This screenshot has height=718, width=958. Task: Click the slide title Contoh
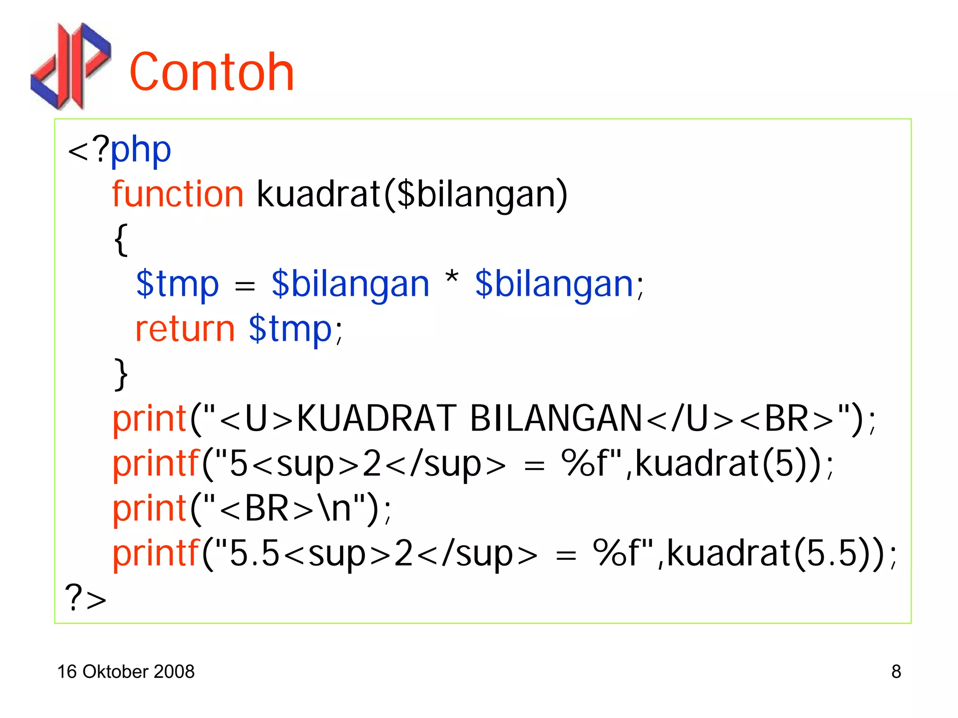click(211, 73)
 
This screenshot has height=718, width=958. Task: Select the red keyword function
click(178, 194)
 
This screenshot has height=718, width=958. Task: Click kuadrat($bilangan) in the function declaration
click(412, 195)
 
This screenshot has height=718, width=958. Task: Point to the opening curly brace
click(121, 239)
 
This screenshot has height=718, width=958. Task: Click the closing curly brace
click(121, 374)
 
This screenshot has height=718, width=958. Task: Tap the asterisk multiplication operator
click(451, 278)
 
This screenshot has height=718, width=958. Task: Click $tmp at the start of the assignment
click(177, 284)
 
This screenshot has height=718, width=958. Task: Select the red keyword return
click(185, 329)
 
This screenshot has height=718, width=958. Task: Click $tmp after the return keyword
click(290, 329)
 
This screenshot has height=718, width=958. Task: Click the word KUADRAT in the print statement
click(377, 418)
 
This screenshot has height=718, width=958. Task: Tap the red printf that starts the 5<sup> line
click(156, 463)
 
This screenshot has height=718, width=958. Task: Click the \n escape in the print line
click(334, 508)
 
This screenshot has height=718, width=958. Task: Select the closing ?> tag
click(86, 598)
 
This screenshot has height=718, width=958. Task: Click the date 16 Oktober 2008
click(125, 672)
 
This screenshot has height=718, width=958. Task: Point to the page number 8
click(896, 672)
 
